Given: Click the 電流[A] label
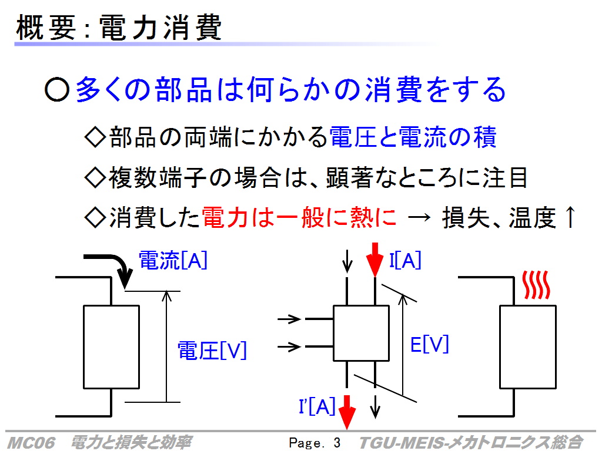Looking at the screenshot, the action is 173,260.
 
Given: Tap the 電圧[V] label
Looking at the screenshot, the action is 212,351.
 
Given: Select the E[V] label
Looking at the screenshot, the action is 430,344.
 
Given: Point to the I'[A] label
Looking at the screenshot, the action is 317,406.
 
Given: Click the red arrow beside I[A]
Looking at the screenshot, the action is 374,260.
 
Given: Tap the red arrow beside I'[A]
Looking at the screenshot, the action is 347,412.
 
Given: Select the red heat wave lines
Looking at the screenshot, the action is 536,285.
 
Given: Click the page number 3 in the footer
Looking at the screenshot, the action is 337,443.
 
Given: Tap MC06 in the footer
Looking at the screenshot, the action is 31,443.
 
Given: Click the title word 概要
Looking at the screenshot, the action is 46,27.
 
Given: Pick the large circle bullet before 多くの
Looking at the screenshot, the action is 57,90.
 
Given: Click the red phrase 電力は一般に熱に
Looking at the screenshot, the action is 299,217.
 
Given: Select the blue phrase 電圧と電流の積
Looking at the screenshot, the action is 413,137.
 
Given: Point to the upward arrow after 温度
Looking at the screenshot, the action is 570,217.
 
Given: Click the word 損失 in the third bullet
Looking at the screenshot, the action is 466,217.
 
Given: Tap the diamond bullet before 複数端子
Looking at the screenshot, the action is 95,177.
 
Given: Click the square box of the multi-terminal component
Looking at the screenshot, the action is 362,334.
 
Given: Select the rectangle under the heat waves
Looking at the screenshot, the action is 528,347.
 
